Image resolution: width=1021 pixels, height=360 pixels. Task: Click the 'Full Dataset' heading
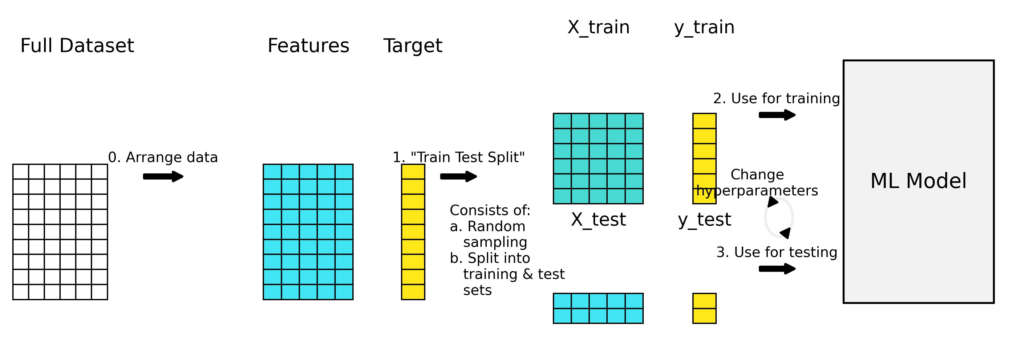(77, 46)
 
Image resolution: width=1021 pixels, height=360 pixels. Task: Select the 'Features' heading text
(308, 46)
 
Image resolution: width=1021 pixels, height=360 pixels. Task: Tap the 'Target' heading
(413, 46)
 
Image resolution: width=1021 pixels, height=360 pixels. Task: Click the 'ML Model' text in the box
(918, 181)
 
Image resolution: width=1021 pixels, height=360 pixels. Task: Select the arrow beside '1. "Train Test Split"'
(459, 176)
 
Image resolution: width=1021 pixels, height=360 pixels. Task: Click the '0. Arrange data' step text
(163, 157)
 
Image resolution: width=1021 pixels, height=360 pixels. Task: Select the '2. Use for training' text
(776, 98)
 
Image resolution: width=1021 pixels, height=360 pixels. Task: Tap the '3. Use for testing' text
(776, 252)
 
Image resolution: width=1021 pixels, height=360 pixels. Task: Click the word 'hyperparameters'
(757, 191)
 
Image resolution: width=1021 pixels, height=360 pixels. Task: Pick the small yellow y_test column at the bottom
(704, 309)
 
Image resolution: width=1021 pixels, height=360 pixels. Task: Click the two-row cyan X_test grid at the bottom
(598, 309)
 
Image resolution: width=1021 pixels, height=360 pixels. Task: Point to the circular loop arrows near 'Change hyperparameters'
(779, 218)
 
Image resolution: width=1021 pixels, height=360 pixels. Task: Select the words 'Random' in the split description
(496, 227)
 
